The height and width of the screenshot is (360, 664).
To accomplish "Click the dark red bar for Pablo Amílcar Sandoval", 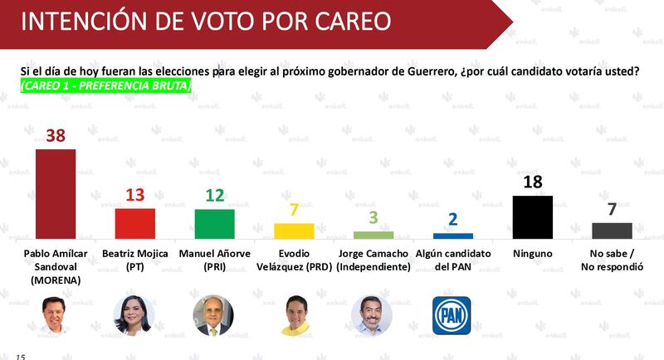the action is point(56,194).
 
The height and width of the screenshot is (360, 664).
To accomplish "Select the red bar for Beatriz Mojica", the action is point(135,224).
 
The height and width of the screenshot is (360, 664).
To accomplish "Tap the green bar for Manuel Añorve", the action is point(215,224).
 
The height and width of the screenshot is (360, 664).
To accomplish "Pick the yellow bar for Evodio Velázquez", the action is point(295,231).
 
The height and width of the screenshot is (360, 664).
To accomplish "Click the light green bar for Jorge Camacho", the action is point(373,236).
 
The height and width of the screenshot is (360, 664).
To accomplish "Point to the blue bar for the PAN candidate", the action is point(453,236).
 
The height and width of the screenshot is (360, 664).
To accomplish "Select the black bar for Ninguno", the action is point(533,217).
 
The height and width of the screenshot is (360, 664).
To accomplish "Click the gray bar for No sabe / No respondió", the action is point(612,231).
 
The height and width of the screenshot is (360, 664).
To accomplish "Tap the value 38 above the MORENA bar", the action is point(56,136).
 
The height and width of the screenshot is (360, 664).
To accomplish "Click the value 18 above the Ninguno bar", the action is point(533,182).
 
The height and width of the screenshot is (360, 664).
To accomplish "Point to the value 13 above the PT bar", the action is point(135,195).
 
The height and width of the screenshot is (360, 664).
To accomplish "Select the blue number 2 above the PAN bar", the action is point(453,219).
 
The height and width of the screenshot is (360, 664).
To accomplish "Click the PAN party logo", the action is point(452,315).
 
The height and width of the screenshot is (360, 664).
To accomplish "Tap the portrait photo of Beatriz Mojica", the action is point(134,315).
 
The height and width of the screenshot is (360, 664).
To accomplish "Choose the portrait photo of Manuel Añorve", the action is point(213,315).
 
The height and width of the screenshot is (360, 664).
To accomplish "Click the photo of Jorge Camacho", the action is point(372,315).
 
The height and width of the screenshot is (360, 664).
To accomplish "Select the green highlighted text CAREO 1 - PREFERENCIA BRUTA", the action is point(106,85).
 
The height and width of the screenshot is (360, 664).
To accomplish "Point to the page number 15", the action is point(20,357).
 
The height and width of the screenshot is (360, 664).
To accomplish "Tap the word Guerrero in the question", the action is point(431,71).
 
